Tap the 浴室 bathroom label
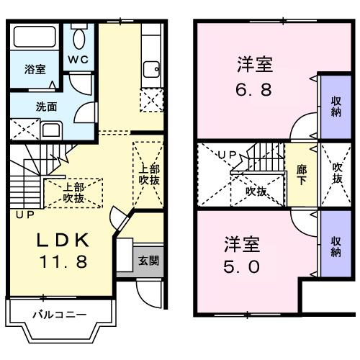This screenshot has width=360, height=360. pyautogui.click(x=35, y=70)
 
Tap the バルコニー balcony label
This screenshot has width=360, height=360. pyautogui.click(x=60, y=314)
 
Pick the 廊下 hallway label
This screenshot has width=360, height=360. pyautogui.click(x=302, y=175)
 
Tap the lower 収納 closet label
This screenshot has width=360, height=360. pyautogui.click(x=336, y=246)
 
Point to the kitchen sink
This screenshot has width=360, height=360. pyautogui.click(x=152, y=69)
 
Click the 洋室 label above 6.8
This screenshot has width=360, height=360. pyautogui.click(x=255, y=66)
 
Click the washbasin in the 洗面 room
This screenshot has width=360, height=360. pyautogui.click(x=52, y=131)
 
